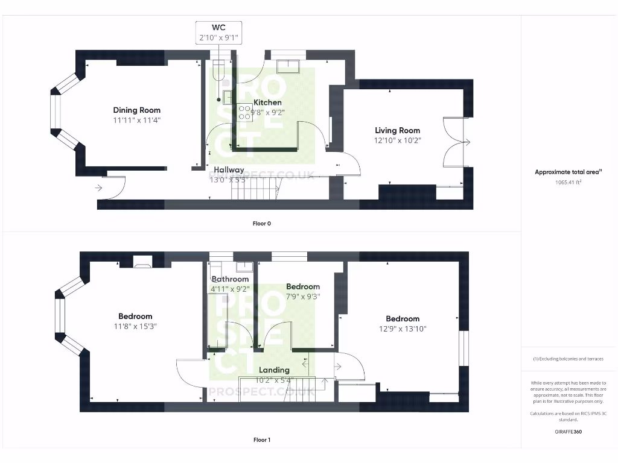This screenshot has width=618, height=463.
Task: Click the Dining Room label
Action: click(x=137, y=110)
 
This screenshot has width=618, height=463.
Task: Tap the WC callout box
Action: click(x=218, y=32)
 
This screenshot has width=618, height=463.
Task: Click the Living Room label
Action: click(x=397, y=130)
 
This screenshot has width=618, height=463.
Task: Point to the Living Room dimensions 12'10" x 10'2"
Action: click(x=397, y=140)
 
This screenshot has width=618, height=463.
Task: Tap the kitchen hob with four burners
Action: click(x=245, y=112)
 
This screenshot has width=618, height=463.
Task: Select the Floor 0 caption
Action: click(x=261, y=224)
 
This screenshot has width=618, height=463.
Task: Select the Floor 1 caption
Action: click(x=261, y=440)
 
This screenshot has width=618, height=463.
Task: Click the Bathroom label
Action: click(x=230, y=279)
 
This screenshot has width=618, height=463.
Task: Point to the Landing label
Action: click(x=274, y=370)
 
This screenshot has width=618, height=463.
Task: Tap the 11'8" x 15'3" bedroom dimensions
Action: click(x=135, y=326)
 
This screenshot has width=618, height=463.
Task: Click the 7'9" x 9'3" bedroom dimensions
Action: click(x=303, y=297)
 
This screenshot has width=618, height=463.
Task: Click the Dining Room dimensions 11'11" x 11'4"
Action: click(x=137, y=121)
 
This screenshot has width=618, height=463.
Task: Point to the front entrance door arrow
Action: click(x=99, y=188)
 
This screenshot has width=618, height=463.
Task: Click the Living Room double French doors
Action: click(x=456, y=142)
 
